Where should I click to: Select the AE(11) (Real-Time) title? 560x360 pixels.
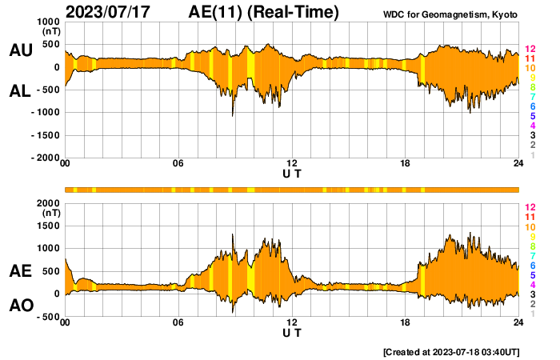pos(264,12)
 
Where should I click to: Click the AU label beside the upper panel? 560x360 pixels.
pos(20,50)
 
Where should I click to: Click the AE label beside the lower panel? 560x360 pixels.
pos(20,272)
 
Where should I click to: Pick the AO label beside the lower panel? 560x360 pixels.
pos(20,306)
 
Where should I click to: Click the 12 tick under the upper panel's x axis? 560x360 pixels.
pos(292,164)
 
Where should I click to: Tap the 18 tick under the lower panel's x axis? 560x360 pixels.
pos(406,322)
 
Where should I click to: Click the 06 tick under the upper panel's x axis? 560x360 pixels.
pos(178,164)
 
